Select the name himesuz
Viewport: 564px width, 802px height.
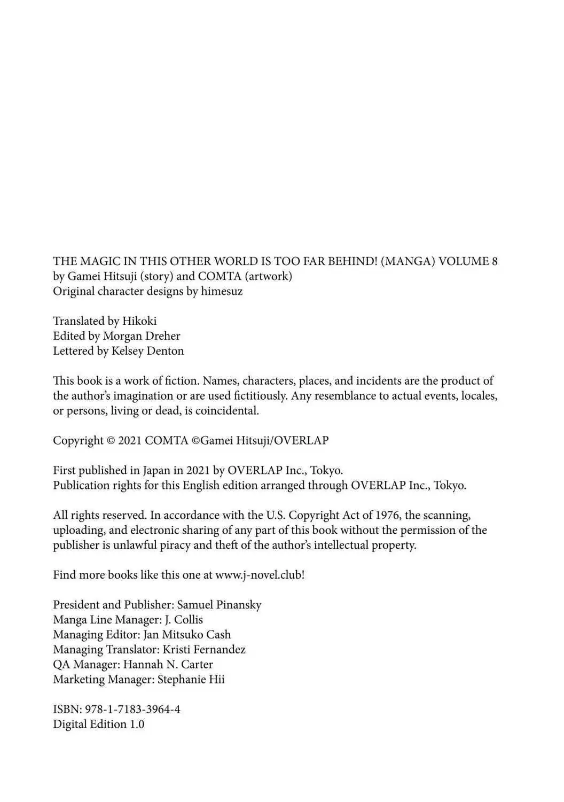point(222,291)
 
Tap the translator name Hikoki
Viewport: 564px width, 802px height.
point(139,321)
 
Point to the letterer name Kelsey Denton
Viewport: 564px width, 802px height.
point(147,351)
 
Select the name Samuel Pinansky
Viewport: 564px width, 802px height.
point(219,605)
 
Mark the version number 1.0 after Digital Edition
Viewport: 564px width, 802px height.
point(137,725)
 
